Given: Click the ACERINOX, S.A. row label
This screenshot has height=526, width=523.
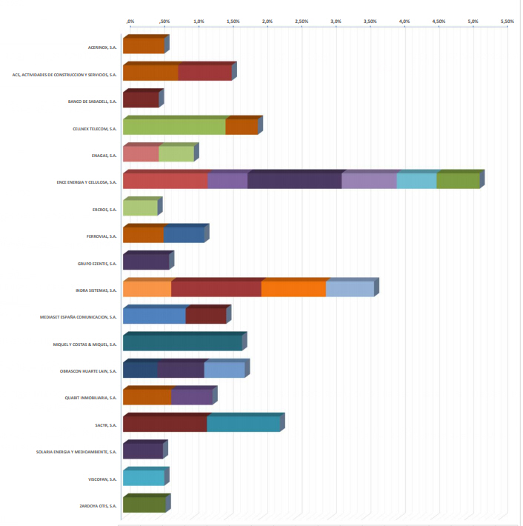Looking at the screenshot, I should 102,47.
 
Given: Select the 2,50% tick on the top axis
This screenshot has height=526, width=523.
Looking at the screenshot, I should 302,21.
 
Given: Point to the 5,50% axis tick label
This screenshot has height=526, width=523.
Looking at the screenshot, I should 507,21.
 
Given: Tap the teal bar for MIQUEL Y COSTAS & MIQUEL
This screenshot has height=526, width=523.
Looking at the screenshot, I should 182,342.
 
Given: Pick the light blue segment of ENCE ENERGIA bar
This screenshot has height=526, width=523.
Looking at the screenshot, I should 416,181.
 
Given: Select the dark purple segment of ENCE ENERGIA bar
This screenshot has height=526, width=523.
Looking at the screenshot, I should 294,181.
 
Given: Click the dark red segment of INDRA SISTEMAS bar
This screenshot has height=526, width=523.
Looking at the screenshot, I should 216,289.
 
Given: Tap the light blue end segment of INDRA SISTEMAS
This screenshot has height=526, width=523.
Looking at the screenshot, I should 350,289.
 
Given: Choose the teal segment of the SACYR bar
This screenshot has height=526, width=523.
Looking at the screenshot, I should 244,424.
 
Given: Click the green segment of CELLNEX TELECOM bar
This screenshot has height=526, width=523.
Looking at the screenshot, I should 174,127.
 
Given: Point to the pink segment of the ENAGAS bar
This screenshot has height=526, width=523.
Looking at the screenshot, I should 141,154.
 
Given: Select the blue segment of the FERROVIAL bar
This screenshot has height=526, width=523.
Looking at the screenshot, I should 184,235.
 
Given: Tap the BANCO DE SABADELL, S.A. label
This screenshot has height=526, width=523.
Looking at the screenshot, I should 93,101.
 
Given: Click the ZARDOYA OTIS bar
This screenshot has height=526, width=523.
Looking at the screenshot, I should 144,505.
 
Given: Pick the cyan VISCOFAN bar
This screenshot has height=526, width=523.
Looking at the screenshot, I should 144,478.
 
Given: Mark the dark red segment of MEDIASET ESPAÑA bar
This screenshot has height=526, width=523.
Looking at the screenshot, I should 205,316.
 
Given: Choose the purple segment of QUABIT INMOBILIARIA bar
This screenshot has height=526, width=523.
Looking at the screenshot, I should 191,396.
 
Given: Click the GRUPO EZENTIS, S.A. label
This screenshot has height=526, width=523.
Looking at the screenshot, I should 98,264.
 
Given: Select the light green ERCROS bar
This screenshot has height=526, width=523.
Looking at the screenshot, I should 140,207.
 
